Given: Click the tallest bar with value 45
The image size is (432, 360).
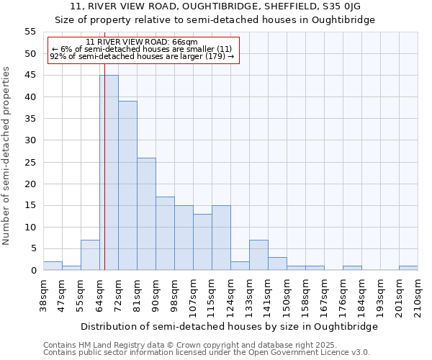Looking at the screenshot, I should tap(109, 173).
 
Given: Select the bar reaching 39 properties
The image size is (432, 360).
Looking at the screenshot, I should tap(127, 186).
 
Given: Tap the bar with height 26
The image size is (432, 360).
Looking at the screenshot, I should tap(146, 214).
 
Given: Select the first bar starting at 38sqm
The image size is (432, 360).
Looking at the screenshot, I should tap(53, 266).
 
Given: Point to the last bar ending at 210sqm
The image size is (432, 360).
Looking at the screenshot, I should tap(408, 268).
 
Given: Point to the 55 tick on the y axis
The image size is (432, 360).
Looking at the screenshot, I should tap(30, 32).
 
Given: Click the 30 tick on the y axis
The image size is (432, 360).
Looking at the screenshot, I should tap(30, 140).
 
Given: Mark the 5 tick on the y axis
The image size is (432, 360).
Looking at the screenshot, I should tap(32, 248).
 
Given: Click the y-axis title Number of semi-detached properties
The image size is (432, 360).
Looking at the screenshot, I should tap(7, 156).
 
